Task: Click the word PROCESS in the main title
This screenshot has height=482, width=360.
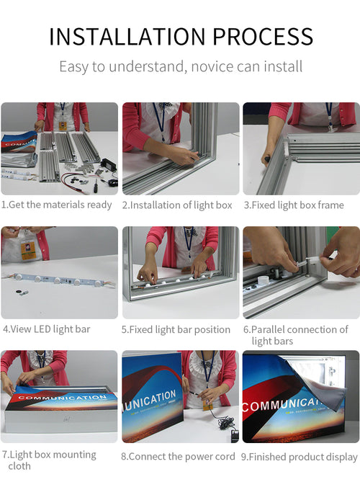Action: click(263, 37)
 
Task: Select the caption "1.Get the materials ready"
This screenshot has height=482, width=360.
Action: click(57, 205)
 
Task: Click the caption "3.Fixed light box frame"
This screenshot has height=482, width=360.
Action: click(294, 205)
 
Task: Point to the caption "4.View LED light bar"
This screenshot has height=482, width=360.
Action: click(47, 329)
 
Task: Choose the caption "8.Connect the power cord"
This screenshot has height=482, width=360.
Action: click(178, 457)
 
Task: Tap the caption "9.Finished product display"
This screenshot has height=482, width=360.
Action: click(300, 457)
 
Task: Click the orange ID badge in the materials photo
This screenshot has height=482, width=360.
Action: click(63, 126)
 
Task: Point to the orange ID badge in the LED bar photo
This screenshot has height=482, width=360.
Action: click(28, 249)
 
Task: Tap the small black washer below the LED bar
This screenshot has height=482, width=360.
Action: click(18, 291)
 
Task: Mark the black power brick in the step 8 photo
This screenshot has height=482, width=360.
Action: click(235, 434)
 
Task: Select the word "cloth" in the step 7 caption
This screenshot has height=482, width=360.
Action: click(19, 466)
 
